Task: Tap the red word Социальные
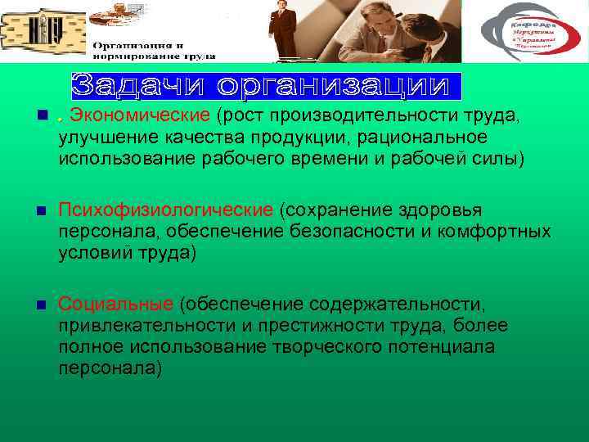pos(115,305)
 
